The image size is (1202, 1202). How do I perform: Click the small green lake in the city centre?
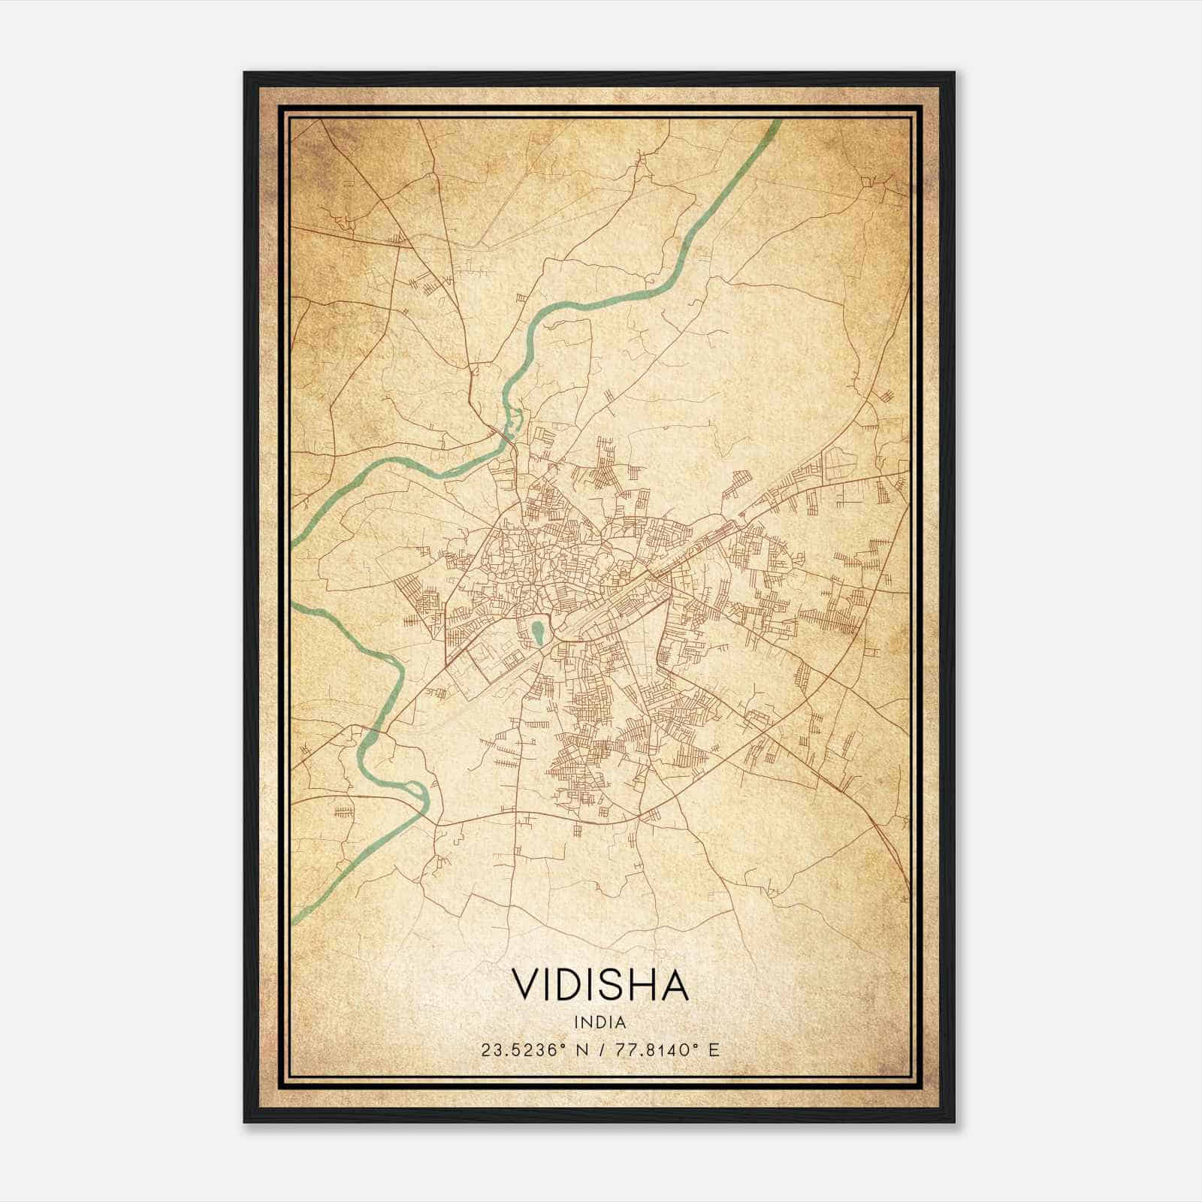coord(538,633)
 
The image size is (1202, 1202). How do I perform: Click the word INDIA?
coord(600,1022)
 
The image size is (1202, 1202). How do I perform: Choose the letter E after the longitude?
coord(713,1050)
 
